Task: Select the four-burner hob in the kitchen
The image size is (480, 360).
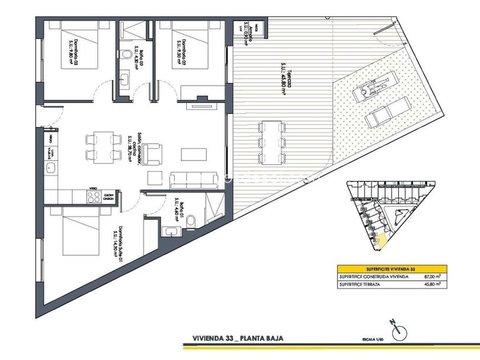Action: pos(94,196)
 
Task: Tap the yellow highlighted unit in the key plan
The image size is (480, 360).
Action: pos(382,239)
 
